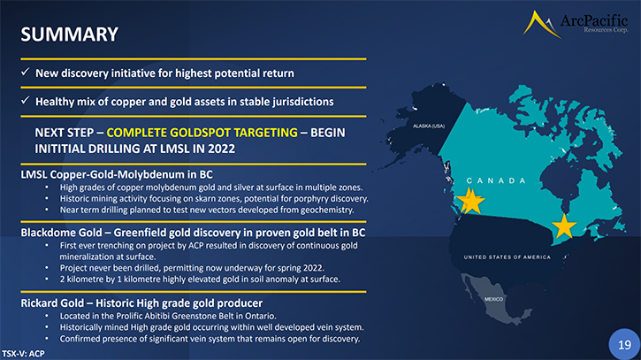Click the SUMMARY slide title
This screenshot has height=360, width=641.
[x=70, y=34]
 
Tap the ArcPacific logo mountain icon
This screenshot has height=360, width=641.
[x=540, y=25]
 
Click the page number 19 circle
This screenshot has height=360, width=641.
[x=625, y=344]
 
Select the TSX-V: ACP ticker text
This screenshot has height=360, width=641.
[x=23, y=354]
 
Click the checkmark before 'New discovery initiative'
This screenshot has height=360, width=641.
[x=26, y=72]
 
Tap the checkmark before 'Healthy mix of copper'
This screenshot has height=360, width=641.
[x=26, y=100]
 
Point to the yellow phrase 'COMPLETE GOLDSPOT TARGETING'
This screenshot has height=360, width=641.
[x=202, y=133]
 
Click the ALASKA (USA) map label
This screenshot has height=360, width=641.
[x=429, y=126]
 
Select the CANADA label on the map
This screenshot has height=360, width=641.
[x=496, y=180]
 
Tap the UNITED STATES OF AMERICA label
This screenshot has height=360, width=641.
[x=507, y=257]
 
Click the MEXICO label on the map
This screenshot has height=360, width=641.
[x=494, y=299]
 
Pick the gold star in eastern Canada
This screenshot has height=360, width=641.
[x=564, y=226]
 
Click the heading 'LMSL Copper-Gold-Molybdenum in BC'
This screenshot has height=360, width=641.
[x=117, y=174]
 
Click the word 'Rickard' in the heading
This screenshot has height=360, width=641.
[x=36, y=303]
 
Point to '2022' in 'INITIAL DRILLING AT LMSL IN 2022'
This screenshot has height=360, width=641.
[x=221, y=149]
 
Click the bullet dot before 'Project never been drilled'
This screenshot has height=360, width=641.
[x=47, y=268]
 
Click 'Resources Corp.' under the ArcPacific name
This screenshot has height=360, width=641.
[x=606, y=29]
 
